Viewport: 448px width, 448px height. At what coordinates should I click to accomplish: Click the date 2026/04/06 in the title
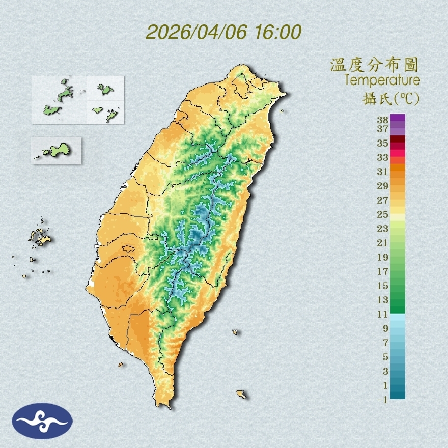tap(197, 32)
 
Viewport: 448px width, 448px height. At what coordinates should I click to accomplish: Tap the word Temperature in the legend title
tap(382, 80)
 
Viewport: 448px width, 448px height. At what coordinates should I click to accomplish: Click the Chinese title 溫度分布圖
tap(375, 65)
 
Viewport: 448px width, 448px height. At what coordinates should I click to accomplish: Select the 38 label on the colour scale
tap(382, 120)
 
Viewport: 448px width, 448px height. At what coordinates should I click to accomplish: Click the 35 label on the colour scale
tap(382, 143)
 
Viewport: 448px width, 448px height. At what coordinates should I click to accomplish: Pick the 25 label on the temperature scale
tap(382, 214)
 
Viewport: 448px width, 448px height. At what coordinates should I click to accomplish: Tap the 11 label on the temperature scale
tap(382, 315)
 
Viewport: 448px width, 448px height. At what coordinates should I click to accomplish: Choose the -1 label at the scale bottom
tap(382, 400)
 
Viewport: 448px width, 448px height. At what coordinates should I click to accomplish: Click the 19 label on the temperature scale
tap(382, 257)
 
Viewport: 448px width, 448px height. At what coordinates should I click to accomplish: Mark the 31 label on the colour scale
tap(382, 172)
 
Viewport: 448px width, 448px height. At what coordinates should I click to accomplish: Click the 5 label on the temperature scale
tap(385, 357)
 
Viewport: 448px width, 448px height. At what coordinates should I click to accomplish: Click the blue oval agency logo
tap(43, 421)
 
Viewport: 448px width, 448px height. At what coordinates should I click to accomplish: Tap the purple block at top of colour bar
tap(398, 118)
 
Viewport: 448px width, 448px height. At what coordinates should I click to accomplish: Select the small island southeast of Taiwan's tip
tap(241, 394)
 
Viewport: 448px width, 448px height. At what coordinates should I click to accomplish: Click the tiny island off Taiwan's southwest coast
tap(121, 365)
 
